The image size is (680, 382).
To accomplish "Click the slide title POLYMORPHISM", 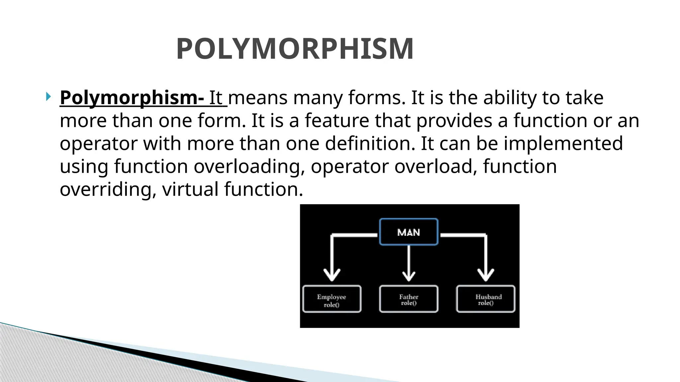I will (295, 49).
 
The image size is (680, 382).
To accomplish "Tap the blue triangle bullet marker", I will (48, 97).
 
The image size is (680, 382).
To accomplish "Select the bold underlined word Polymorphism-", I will (132, 98).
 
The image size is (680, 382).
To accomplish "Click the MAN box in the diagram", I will (408, 232).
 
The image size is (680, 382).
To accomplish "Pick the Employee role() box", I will (332, 299).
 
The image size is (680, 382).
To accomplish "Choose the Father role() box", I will (408, 299).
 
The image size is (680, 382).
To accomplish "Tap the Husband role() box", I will (486, 299).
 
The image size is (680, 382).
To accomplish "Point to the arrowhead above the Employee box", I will (332, 275).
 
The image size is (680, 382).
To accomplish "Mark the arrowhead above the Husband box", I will (486, 275).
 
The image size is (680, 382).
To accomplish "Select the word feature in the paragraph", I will (337, 120).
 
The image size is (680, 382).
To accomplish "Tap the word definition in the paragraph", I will (370, 144).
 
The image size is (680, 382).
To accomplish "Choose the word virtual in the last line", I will (190, 189).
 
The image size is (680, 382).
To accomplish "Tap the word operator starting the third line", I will (99, 144).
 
